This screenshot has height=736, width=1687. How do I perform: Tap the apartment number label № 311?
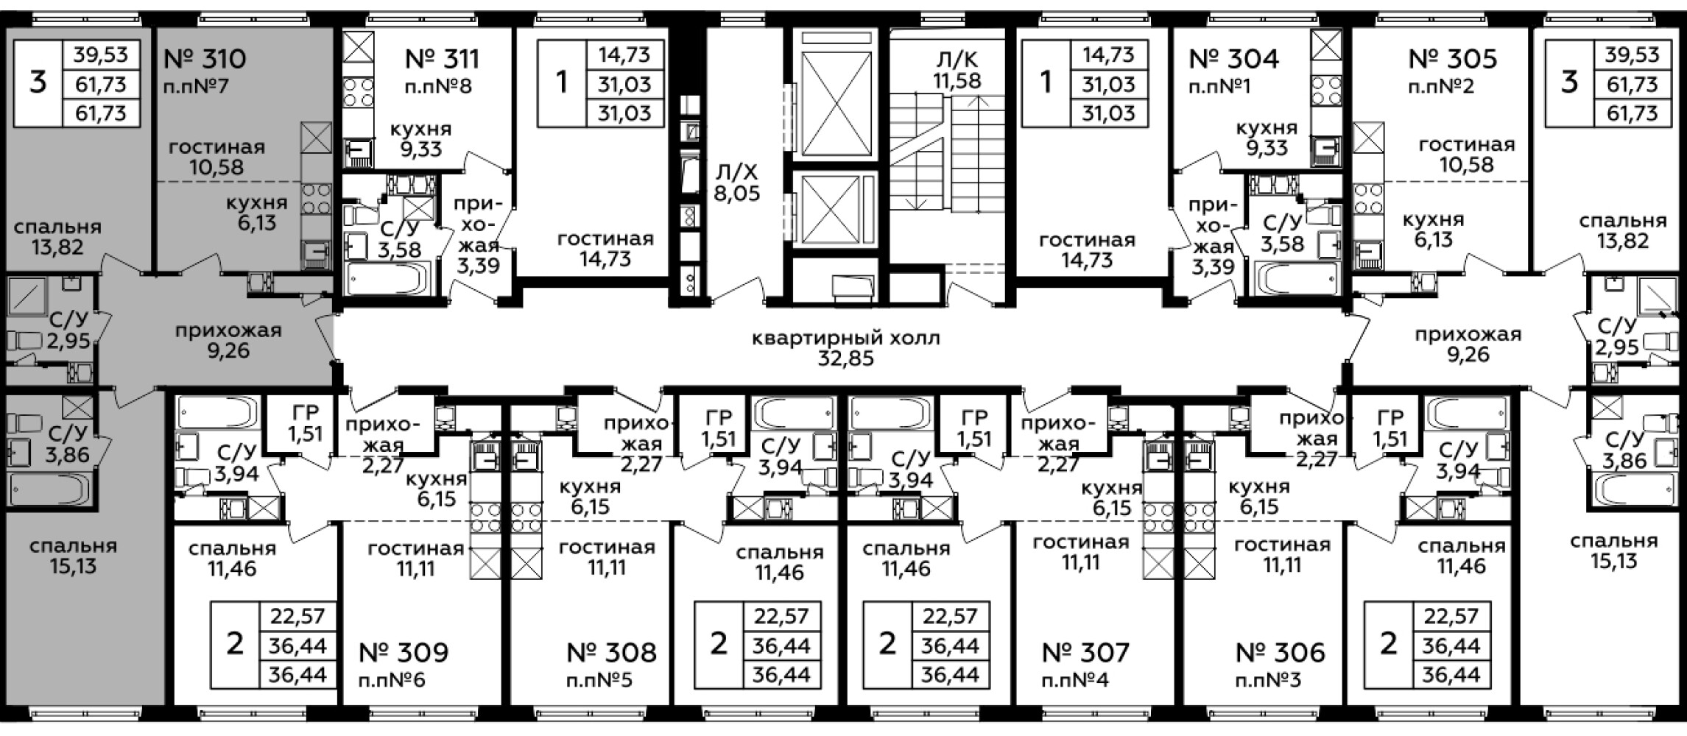coord(443,58)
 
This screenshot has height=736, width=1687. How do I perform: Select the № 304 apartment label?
coord(1234,58)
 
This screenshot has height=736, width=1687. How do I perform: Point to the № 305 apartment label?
coord(1453,58)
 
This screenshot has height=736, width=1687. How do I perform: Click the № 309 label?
coord(404,651)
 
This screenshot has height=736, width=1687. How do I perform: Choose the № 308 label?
coord(612,651)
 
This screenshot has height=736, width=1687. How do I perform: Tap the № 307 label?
coord(1086,651)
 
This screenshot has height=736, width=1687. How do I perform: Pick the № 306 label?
coord(1281,651)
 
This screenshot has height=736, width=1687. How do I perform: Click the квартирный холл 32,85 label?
coord(847,349)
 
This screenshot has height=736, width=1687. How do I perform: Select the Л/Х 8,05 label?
coord(736,183)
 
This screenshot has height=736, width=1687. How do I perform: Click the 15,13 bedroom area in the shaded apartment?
coord(74,566)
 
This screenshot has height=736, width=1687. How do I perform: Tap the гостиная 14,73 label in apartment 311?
coord(605,249)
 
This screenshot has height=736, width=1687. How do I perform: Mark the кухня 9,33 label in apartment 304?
coord(1267,138)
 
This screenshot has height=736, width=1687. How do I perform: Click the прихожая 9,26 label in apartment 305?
coord(1468,344)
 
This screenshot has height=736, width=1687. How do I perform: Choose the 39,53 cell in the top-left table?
coord(101,54)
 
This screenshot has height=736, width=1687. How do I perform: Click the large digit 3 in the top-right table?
coord(1570,82)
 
